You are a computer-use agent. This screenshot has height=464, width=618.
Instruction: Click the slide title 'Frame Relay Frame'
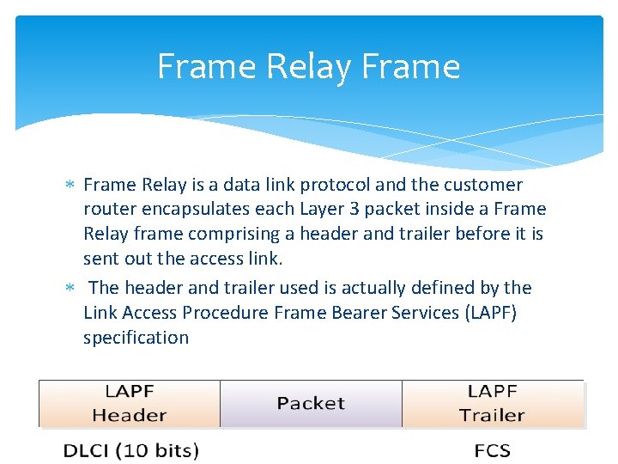(308, 66)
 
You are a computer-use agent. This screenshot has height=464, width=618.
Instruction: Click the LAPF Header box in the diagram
(130, 403)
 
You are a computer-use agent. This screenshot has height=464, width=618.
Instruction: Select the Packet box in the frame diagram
(311, 403)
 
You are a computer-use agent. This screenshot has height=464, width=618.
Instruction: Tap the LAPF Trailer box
(492, 403)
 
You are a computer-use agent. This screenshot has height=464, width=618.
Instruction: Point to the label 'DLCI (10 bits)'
(131, 450)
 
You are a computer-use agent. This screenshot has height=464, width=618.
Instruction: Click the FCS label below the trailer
(492, 450)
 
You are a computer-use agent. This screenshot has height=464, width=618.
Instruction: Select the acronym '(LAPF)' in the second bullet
(489, 313)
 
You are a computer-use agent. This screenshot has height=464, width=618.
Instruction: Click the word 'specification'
(136, 338)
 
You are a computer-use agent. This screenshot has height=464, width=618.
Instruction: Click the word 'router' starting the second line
(107, 209)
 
